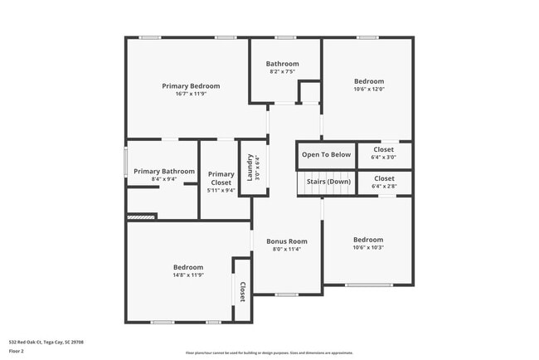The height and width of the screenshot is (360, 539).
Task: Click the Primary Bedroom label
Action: pos(191,86)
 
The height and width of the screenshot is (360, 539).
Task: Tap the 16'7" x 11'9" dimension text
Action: pos(191,94)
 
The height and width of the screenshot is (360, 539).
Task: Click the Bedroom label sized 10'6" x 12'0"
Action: pos(368,81)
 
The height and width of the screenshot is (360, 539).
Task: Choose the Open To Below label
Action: pos(326,155)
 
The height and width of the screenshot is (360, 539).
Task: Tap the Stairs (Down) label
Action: pos(328,182)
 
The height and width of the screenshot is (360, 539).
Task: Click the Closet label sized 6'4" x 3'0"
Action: pos(384,149)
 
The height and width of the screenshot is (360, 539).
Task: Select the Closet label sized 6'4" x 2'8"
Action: pos(384,178)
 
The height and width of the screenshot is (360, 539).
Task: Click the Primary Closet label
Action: pos(221,178)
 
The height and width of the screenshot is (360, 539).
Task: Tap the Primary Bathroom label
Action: pos(164,172)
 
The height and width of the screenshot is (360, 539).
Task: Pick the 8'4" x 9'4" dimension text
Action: pos(164,179)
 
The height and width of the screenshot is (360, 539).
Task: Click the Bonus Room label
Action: pos(286,241)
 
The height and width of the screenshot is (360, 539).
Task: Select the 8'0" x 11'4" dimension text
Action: pos(286,249)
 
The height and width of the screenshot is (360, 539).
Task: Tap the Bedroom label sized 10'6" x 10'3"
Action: pos(368,239)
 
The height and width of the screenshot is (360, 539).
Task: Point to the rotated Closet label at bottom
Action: pos(243,292)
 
